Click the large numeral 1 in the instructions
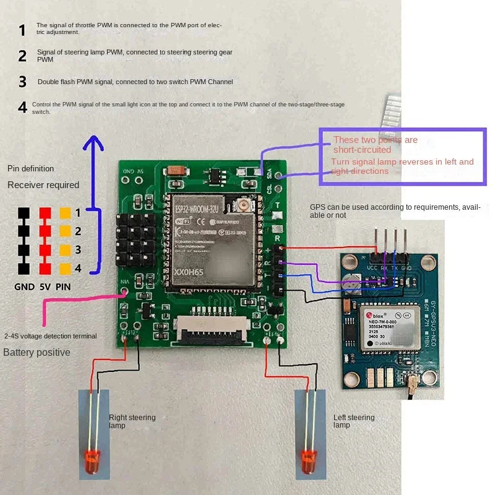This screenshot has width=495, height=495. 22,30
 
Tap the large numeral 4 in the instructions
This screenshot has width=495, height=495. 22,108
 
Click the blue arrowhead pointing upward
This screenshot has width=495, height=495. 93,144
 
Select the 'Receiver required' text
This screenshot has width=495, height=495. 43,185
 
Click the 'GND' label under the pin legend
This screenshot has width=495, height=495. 25,287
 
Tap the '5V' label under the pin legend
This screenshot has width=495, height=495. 45,287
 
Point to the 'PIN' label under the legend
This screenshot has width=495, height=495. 63,287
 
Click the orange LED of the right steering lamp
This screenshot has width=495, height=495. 91,460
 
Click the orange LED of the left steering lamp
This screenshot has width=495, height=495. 308,459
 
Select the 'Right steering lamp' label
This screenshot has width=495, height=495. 132,421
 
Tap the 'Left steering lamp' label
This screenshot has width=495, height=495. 354,421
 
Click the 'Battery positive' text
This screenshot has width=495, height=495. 37,353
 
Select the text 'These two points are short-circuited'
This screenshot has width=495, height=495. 375,145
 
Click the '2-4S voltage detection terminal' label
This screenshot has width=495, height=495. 50,336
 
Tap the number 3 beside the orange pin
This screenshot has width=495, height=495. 78,250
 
